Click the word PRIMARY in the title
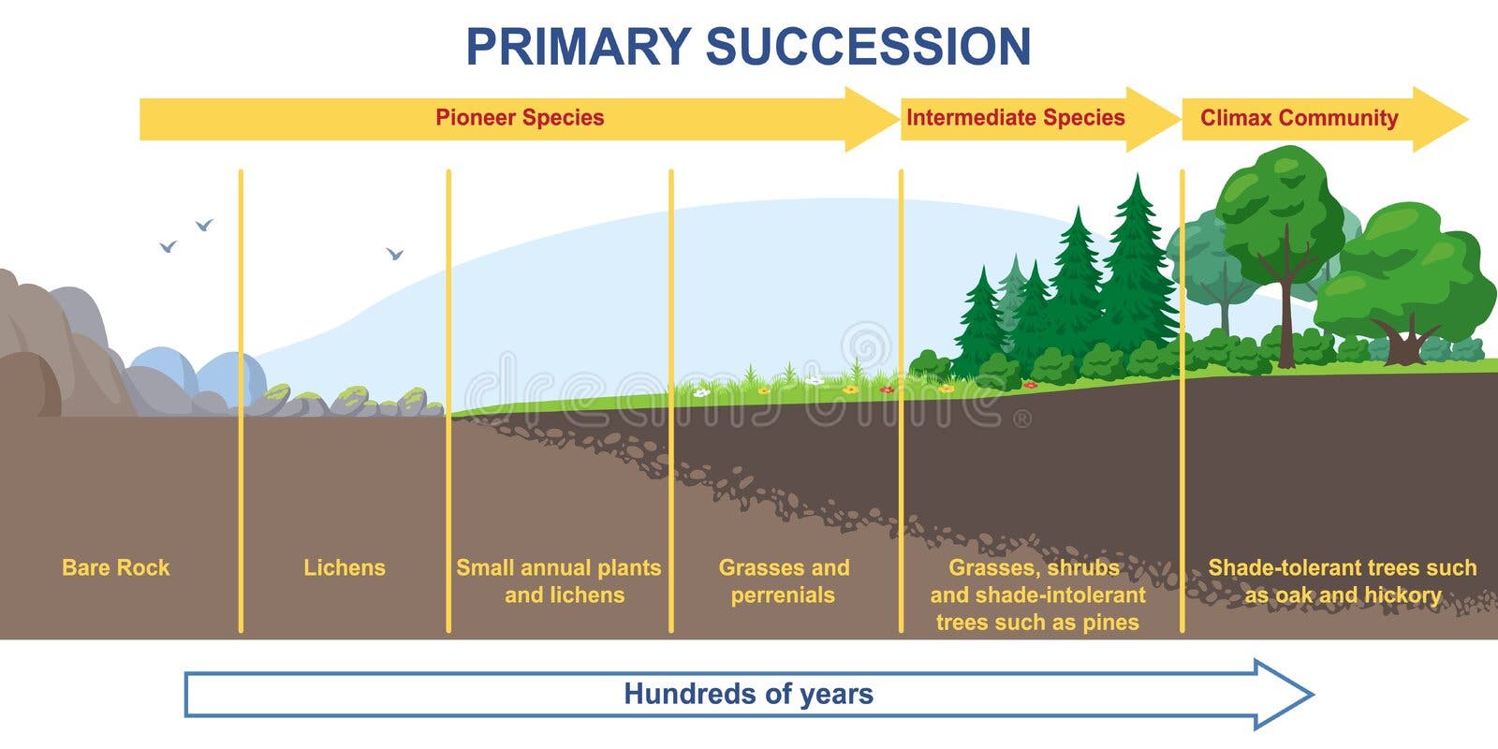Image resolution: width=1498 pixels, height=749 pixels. coord(579,46)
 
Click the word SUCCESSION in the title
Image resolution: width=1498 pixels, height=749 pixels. coord(868,46)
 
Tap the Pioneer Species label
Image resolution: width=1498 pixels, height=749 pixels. coord(520,118)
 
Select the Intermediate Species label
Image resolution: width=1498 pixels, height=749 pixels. coord(1015,118)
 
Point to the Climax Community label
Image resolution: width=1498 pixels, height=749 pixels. coord(1299,118)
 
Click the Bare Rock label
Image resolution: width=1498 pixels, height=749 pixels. coord(116,567)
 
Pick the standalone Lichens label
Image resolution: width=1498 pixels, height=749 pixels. coord(345,567)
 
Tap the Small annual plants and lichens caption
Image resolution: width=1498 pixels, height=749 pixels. coord(559,581)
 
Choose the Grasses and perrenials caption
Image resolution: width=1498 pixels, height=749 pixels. coord(784,581)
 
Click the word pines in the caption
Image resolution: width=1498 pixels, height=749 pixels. coord(1110,623)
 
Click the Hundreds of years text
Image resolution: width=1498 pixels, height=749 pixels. coord(748,694)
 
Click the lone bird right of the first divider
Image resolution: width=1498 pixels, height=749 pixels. coord(394,254)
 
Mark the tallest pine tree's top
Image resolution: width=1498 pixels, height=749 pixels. coord(1137,175)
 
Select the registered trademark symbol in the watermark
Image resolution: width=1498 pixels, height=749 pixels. coord(1022,419)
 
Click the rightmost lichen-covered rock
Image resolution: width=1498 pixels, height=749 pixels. coord(415,401)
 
